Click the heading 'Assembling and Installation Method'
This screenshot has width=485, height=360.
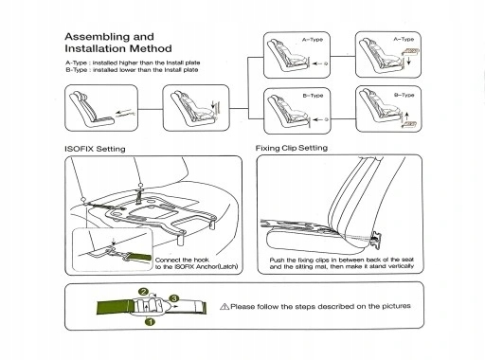(118, 43)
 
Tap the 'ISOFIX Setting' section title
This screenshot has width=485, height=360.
(95, 149)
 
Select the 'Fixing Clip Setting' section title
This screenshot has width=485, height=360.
(292, 148)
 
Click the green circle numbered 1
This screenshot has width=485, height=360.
(150, 322)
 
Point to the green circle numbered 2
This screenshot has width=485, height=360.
(143, 292)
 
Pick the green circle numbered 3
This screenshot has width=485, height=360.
(174, 298)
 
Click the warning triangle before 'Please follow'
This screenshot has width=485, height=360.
(225, 306)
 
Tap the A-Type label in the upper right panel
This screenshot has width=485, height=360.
(404, 39)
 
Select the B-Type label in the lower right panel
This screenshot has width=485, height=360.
(404, 95)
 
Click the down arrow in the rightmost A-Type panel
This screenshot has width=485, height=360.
(409, 61)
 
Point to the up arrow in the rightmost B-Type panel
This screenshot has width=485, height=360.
(407, 116)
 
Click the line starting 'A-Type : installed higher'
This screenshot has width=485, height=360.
(133, 63)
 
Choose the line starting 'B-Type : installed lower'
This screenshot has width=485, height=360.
(132, 70)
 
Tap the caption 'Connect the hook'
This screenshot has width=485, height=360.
(182, 260)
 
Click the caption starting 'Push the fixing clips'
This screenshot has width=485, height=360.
(342, 263)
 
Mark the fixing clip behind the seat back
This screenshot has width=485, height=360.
(376, 239)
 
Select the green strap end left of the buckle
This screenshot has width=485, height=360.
(114, 307)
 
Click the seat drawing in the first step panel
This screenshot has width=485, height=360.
(92, 108)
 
